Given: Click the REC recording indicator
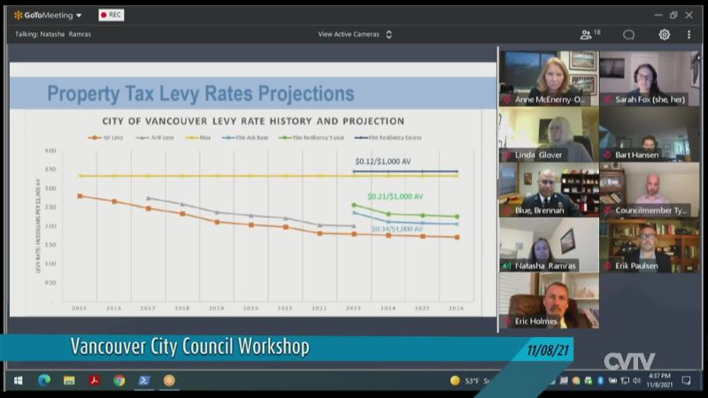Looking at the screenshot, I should [111, 15].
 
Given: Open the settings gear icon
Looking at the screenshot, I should [664, 34].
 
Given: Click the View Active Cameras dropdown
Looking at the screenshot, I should [354, 34].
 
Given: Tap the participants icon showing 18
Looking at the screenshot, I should [589, 34].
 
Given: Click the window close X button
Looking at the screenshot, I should [689, 15].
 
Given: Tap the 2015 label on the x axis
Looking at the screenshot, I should [80, 308].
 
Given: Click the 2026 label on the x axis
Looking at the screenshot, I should [456, 308].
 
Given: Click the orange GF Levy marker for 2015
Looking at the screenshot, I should [80, 196].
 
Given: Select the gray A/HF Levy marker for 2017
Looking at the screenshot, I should [148, 198].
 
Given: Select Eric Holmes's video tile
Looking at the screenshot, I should [549, 302].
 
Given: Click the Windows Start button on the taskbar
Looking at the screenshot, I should [18, 380].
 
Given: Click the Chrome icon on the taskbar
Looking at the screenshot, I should [119, 380].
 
